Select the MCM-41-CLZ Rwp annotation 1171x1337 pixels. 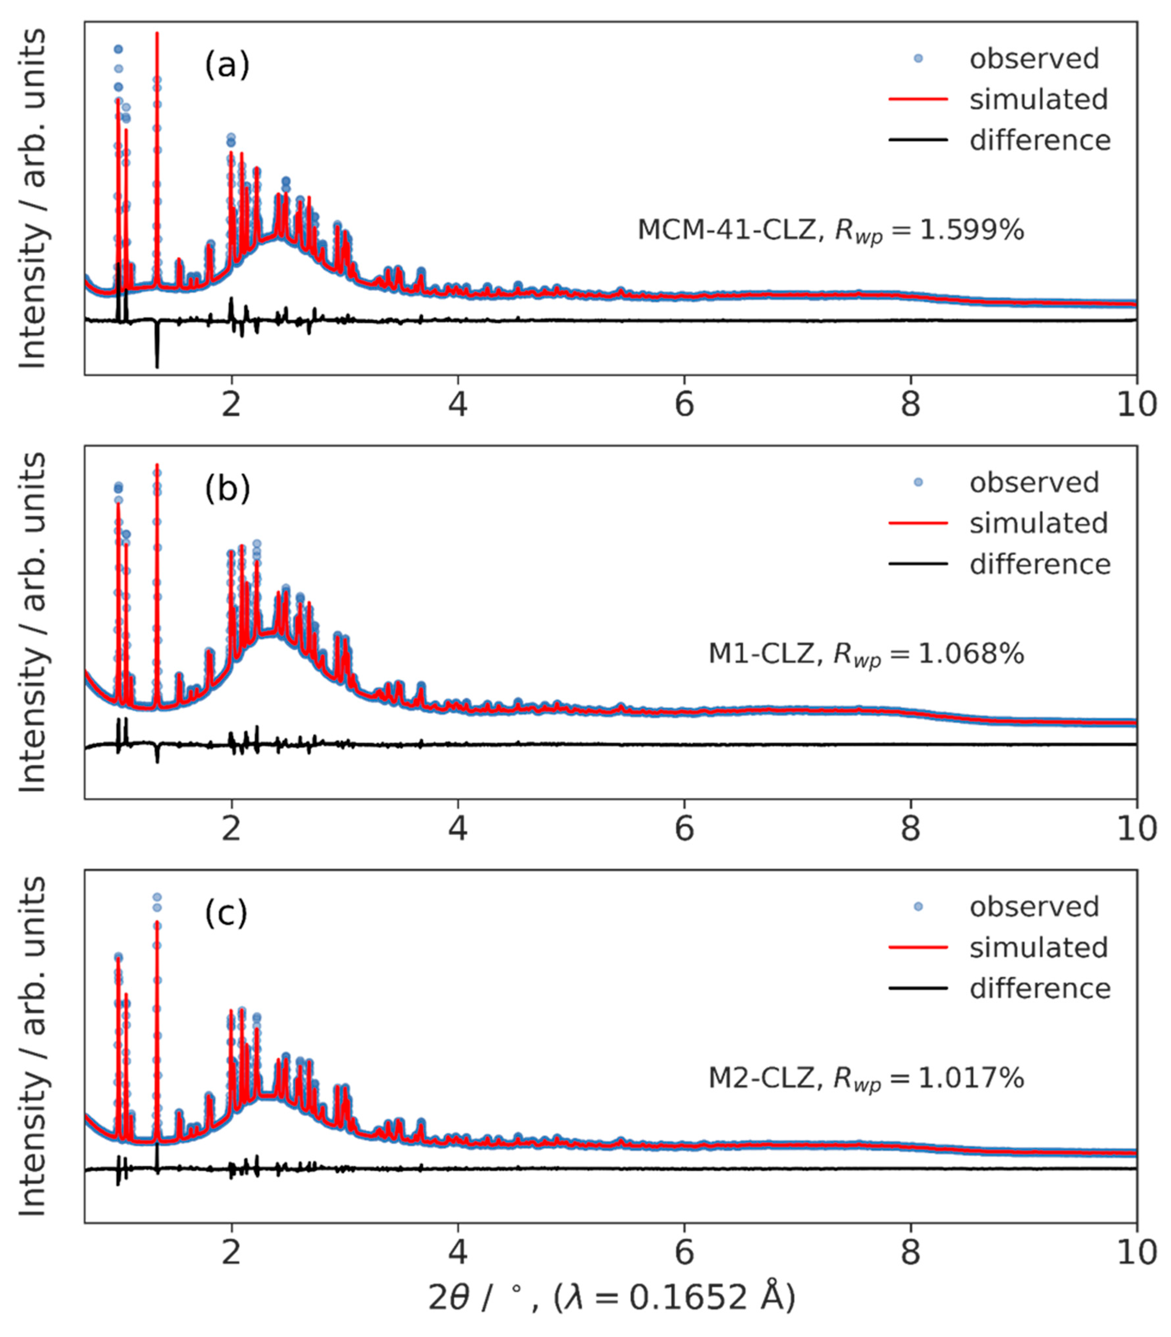pos(830,231)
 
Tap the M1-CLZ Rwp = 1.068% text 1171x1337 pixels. pos(866,654)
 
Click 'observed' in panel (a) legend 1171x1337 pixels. pos(1034,59)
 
